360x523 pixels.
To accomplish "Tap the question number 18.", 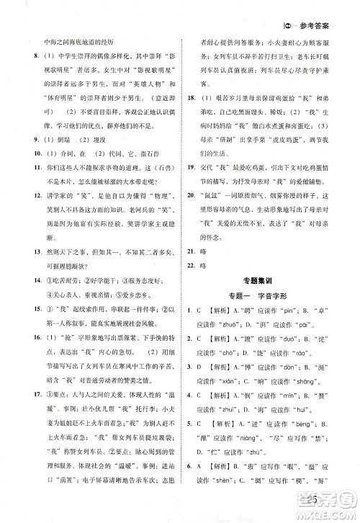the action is (189, 96).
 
